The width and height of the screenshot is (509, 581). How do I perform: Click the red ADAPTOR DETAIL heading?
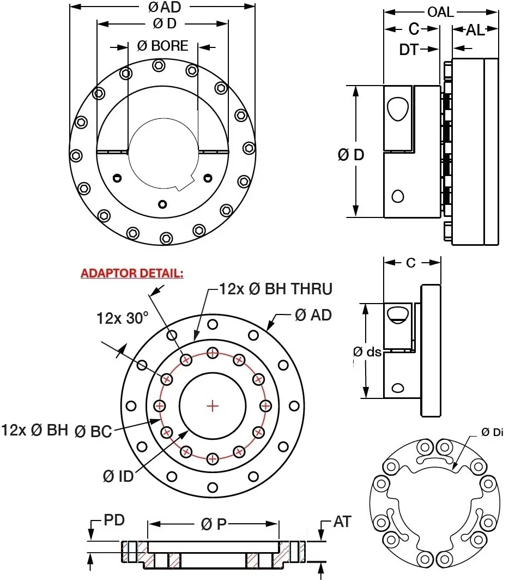point(132,273)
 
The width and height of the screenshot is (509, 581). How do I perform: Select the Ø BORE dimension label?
point(162,46)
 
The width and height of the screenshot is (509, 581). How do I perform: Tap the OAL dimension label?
point(440,12)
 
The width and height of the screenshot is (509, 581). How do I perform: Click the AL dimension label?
point(475,31)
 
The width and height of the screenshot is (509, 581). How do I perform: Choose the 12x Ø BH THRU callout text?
point(275,289)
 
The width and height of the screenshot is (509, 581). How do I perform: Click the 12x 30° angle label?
point(123,318)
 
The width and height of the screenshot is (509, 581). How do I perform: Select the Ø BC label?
point(93,432)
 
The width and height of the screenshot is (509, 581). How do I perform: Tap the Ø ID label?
point(118,476)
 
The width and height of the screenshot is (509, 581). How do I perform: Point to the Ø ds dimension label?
point(367,352)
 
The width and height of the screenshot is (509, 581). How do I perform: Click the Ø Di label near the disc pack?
point(492,432)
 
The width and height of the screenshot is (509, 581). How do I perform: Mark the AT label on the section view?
point(342,522)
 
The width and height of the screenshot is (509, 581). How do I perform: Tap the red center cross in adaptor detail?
point(213,406)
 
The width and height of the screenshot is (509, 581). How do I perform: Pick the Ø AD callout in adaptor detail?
point(313,315)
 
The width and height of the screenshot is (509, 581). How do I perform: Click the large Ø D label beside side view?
point(351,155)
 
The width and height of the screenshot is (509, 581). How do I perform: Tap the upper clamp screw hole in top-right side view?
point(397,109)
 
